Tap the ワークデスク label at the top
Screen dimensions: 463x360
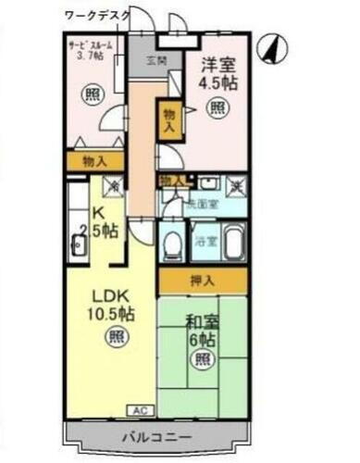pyautogui.click(x=97, y=16)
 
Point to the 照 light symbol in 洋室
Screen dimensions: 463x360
pyautogui.click(x=216, y=108)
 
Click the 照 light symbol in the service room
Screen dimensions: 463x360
pyautogui.click(x=90, y=94)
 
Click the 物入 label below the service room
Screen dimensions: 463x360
pyautogui.click(x=94, y=161)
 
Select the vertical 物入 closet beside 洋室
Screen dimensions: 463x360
pyautogui.click(x=168, y=120)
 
